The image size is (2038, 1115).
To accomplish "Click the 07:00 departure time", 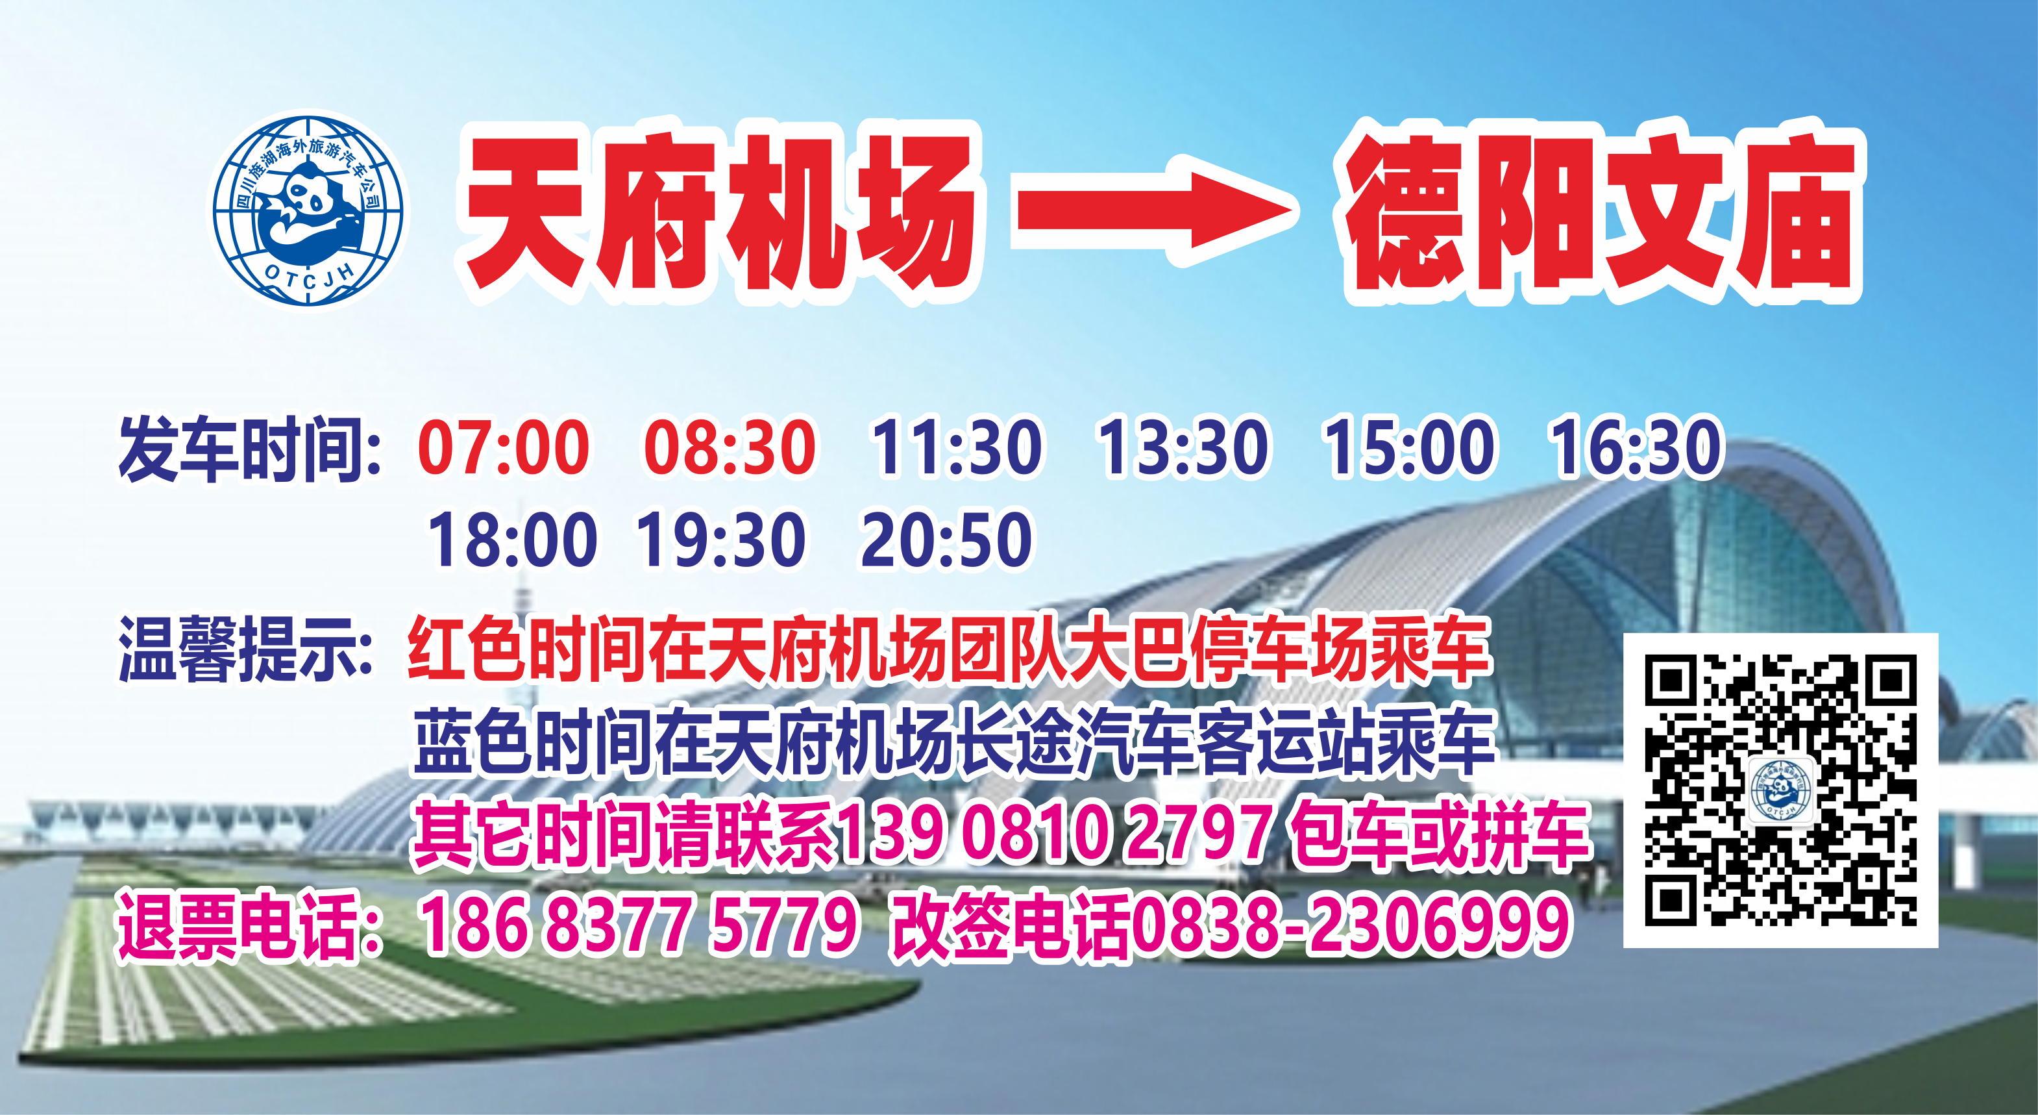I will pos(503,447).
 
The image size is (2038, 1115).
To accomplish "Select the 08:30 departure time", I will pos(730,447).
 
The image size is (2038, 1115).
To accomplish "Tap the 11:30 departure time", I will pos(955,447).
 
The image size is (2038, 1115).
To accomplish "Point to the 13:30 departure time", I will pos(1183,447).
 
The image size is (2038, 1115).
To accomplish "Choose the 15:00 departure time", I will pos(1409,447).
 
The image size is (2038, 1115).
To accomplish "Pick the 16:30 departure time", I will pos(1636,447).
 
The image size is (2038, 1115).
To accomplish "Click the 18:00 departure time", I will pos(512,539).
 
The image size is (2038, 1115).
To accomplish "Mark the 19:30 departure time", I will pos(720,539).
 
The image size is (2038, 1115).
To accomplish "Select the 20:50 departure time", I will pos(946,539).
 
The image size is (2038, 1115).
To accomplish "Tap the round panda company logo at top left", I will pos(308,210).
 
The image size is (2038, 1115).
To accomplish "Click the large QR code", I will pos(1780,790).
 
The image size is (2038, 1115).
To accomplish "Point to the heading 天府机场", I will pos(718,212).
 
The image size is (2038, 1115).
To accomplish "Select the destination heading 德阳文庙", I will pos(1601,212).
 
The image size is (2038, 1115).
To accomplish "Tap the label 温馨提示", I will pos(245,651).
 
